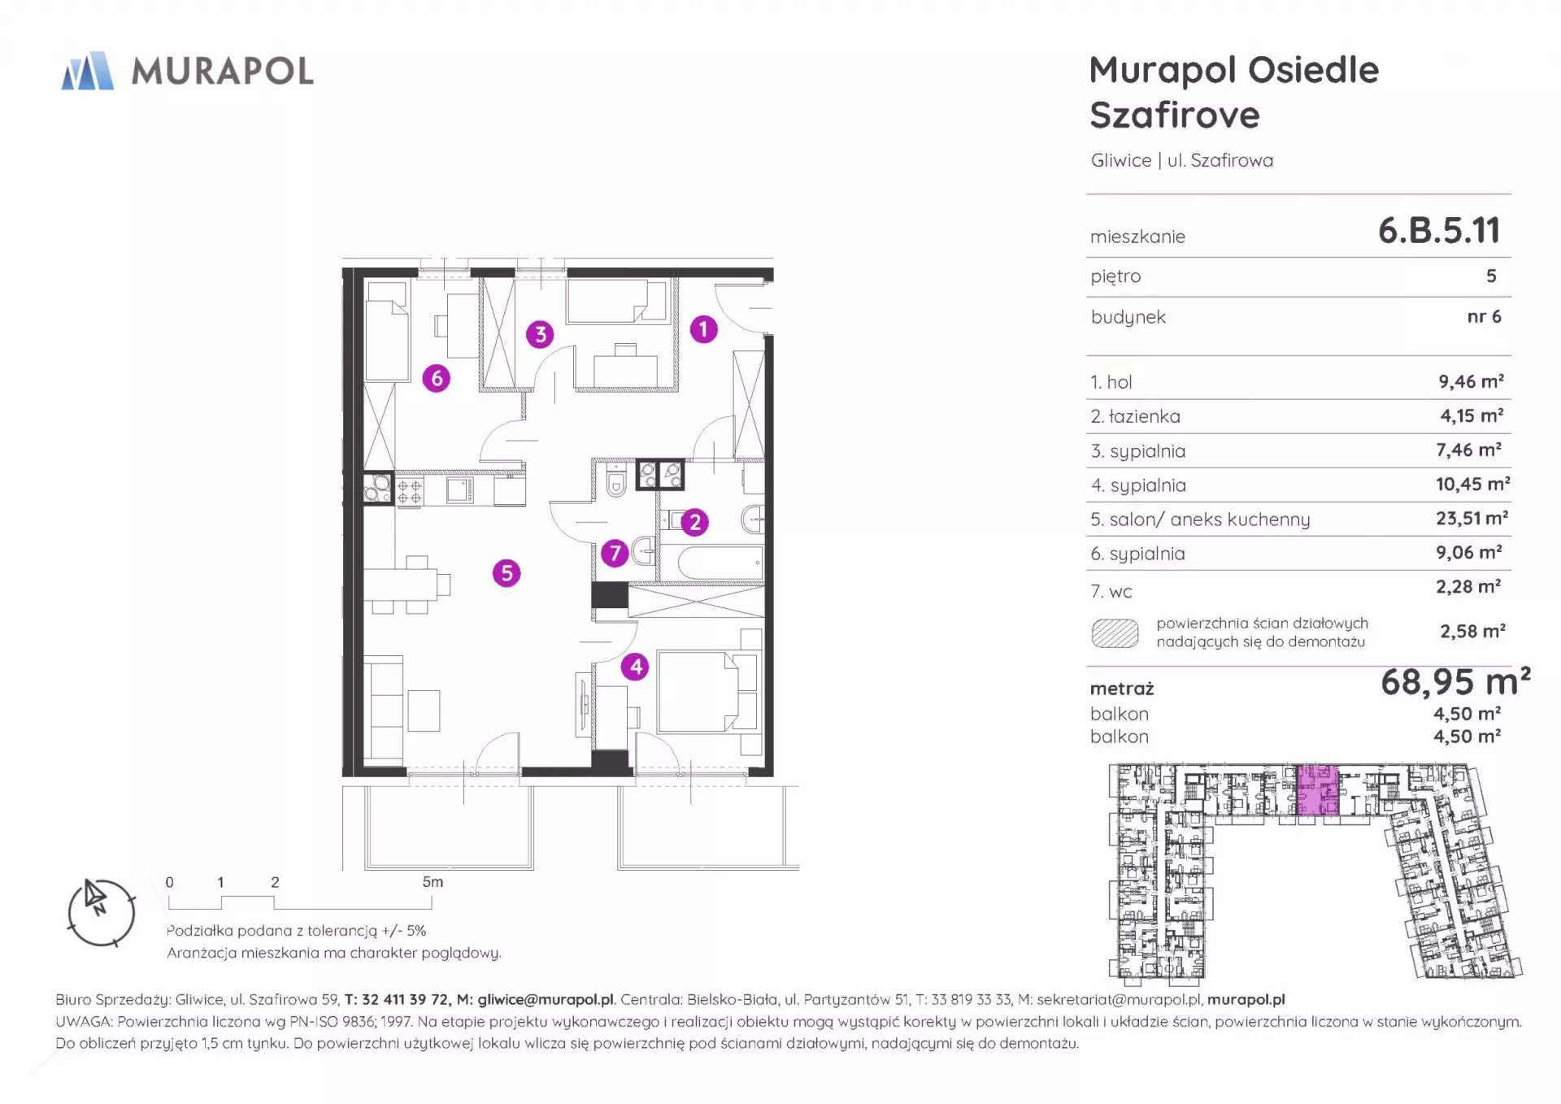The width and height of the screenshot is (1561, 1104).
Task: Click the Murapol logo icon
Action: point(88,71)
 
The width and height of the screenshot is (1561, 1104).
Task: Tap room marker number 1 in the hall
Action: point(703,329)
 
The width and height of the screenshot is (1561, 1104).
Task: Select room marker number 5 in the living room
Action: point(507,573)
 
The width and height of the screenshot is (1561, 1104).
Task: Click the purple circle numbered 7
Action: point(615,554)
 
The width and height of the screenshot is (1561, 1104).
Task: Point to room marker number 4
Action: point(635,667)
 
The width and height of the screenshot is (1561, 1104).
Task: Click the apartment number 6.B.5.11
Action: point(1439,231)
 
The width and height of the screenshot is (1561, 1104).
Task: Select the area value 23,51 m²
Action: point(1472,518)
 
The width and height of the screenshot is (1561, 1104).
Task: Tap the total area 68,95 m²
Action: point(1455,681)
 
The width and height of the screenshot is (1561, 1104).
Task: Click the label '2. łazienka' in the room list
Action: point(1135,416)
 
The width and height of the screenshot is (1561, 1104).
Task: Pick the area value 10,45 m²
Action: point(1472,484)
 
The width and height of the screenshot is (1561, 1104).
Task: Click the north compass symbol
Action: point(101,912)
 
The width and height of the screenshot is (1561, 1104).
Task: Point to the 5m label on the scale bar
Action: point(433,882)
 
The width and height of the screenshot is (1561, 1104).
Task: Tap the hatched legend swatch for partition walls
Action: point(1115,633)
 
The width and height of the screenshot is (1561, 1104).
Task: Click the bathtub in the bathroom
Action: point(721,563)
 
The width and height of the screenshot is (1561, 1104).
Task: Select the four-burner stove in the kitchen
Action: point(409,491)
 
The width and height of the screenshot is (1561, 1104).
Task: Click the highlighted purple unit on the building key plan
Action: point(1317,789)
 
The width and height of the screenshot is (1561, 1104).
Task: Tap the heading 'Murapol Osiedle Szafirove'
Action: point(1234,93)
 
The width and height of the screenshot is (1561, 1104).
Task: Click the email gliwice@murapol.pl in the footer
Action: point(546,1000)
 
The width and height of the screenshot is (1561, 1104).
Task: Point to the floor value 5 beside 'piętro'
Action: point(1491,276)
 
